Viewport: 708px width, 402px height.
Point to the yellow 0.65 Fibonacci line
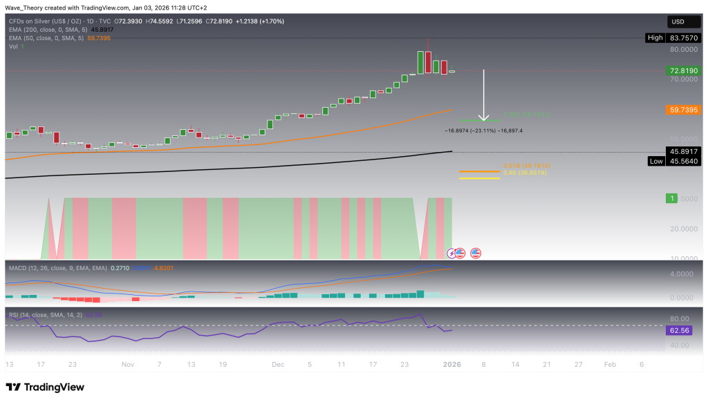click(480, 179)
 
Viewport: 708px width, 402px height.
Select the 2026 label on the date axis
click(451, 363)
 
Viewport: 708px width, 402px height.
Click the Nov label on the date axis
click(127, 363)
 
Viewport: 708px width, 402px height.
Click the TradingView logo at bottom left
click(45, 387)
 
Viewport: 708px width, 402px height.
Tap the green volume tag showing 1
click(670, 198)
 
